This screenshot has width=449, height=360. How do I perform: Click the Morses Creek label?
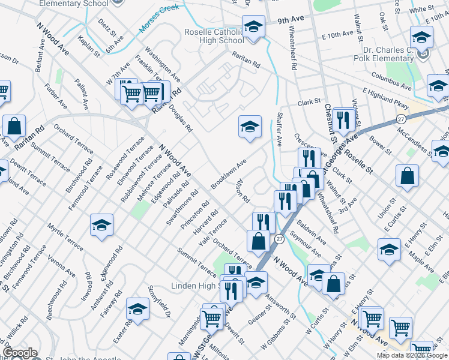(158, 18)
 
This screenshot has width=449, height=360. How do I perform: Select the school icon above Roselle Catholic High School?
(253, 26)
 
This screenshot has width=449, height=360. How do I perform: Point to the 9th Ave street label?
(291, 20)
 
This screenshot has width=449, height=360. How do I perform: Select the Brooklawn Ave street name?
(229, 175)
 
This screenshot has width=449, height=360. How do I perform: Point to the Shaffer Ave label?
(279, 129)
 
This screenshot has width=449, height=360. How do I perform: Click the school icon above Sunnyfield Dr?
(137, 309)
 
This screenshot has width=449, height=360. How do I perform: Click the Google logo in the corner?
(20, 352)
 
